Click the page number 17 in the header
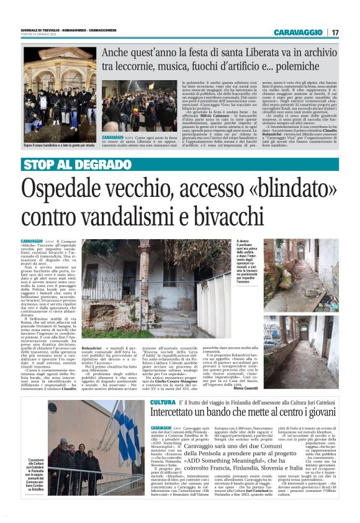(336, 32)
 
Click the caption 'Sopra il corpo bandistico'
(59, 145)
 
